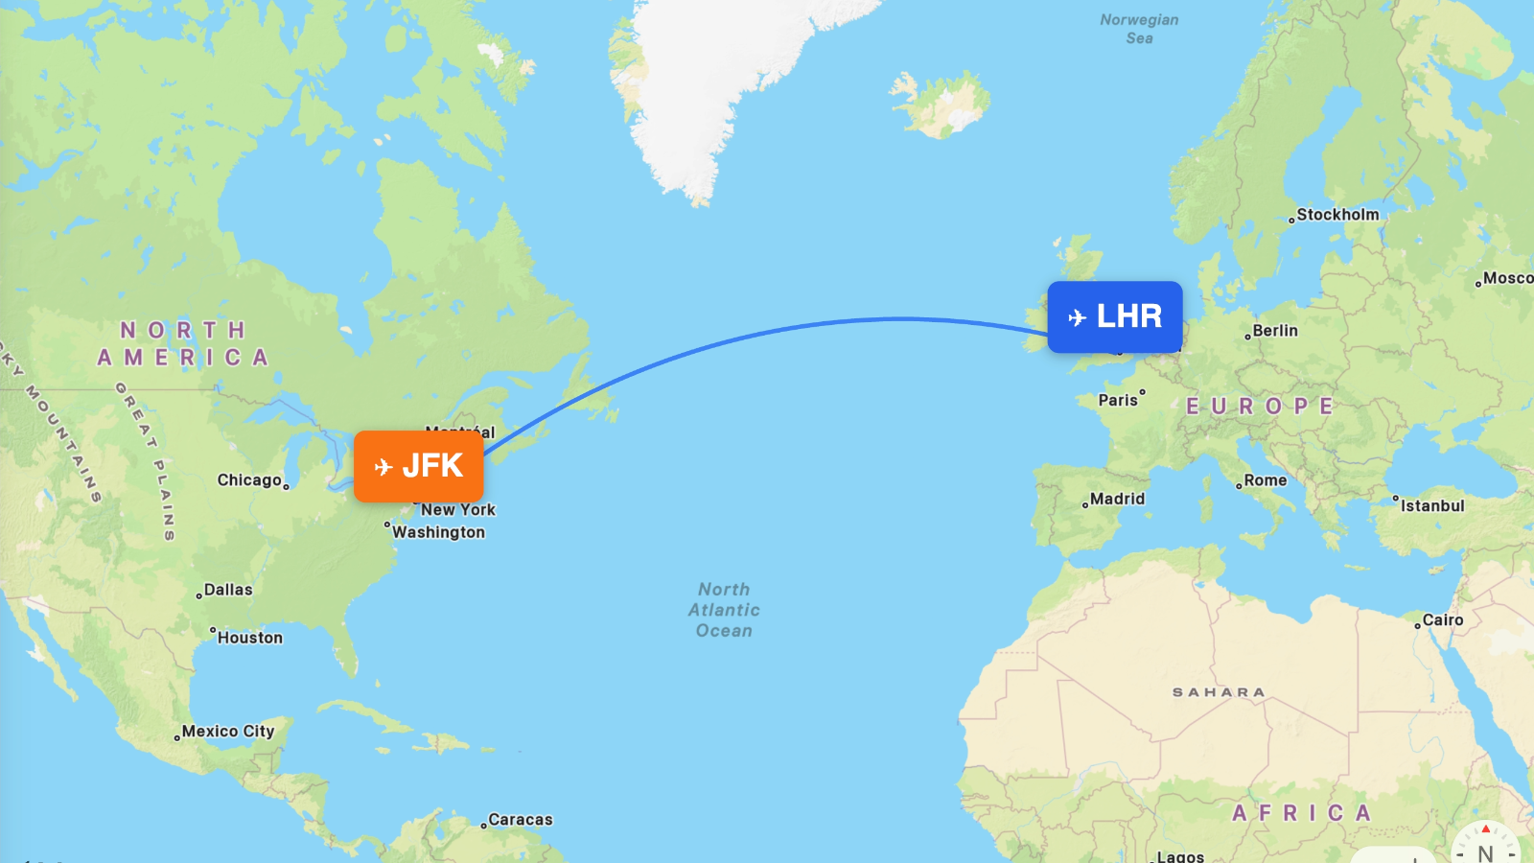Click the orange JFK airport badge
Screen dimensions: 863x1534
[x=419, y=466]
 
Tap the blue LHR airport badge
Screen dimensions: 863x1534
[x=1114, y=316]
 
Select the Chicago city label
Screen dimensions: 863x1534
[x=249, y=480]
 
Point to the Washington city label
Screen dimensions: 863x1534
[x=438, y=532]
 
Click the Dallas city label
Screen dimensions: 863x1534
[x=228, y=590]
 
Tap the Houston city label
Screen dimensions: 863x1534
[x=249, y=638]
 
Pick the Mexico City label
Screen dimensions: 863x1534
[x=228, y=731]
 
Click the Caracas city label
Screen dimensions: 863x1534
[x=520, y=820]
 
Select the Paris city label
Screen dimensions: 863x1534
[x=1118, y=400]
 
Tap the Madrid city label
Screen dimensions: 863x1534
[x=1117, y=499]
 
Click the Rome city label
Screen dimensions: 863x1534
[x=1265, y=480]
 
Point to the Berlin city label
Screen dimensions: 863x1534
[x=1274, y=331]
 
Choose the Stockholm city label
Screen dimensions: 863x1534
[x=1337, y=215]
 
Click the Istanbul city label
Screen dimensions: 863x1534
[x=1431, y=505]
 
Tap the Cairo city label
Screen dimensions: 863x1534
[x=1442, y=620]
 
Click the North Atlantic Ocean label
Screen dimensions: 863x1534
[x=724, y=610]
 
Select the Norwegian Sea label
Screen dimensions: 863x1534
[x=1139, y=29]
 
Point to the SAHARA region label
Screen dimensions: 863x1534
[x=1219, y=692]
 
